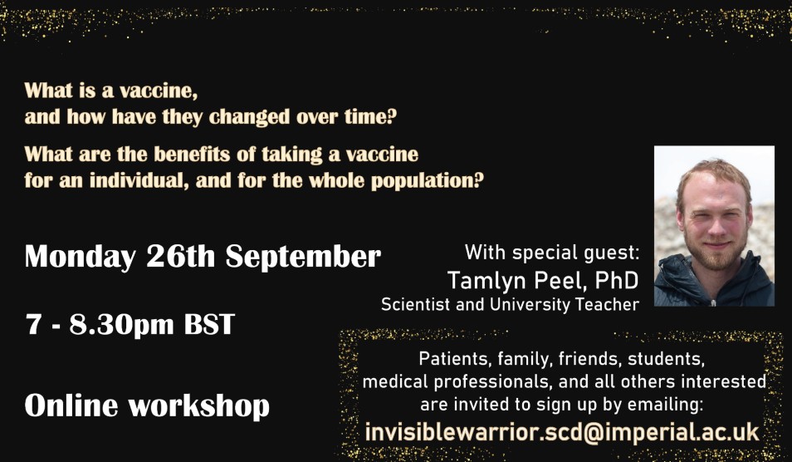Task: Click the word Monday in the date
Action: pyautogui.click(x=80, y=258)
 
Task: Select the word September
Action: pyautogui.click(x=303, y=258)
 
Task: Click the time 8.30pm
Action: pyautogui.click(x=122, y=325)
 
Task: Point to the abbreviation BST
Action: pyautogui.click(x=209, y=323)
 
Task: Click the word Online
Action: pyautogui.click(x=71, y=405)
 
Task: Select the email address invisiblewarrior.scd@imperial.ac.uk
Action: pyautogui.click(x=562, y=432)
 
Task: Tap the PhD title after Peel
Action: pyautogui.click(x=616, y=281)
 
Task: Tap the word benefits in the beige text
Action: pyautogui.click(x=193, y=155)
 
